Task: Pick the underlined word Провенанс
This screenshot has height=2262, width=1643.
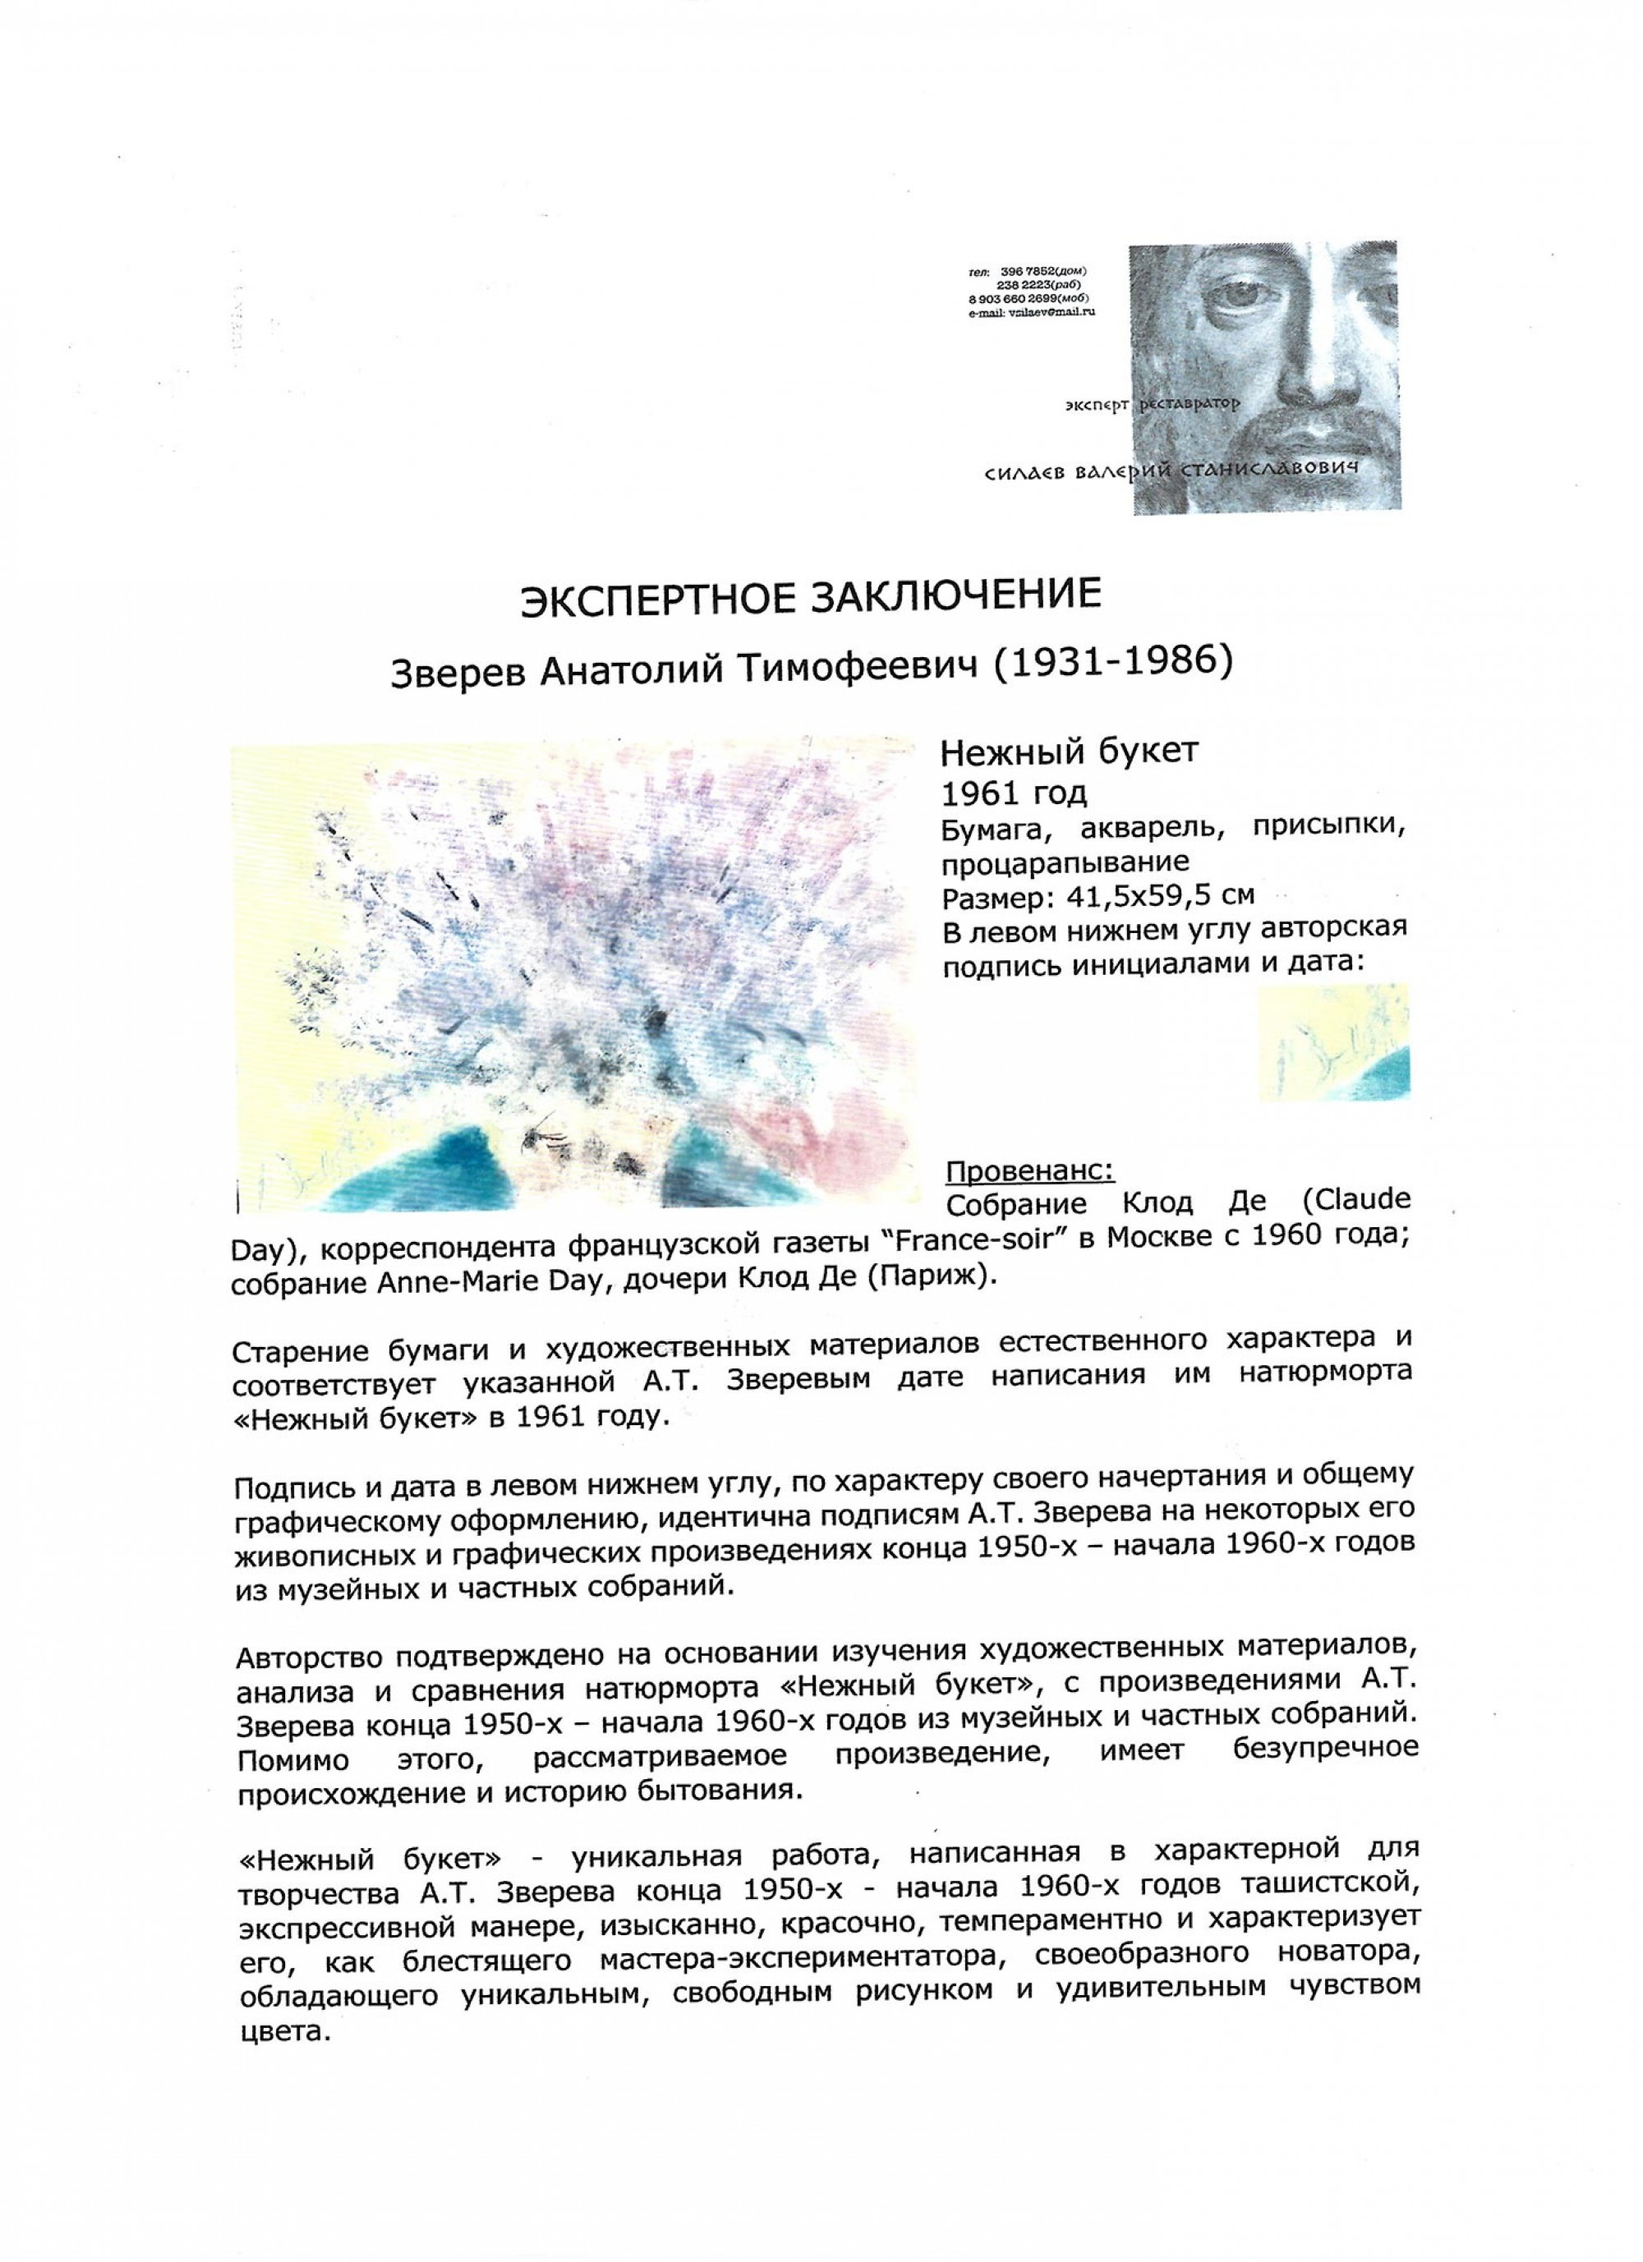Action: click(1029, 1168)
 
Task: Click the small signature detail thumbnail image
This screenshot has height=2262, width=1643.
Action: click(1334, 1043)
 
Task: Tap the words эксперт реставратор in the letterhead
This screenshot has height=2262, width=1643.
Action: click(1150, 405)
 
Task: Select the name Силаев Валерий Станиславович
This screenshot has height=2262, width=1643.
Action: click(1172, 471)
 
